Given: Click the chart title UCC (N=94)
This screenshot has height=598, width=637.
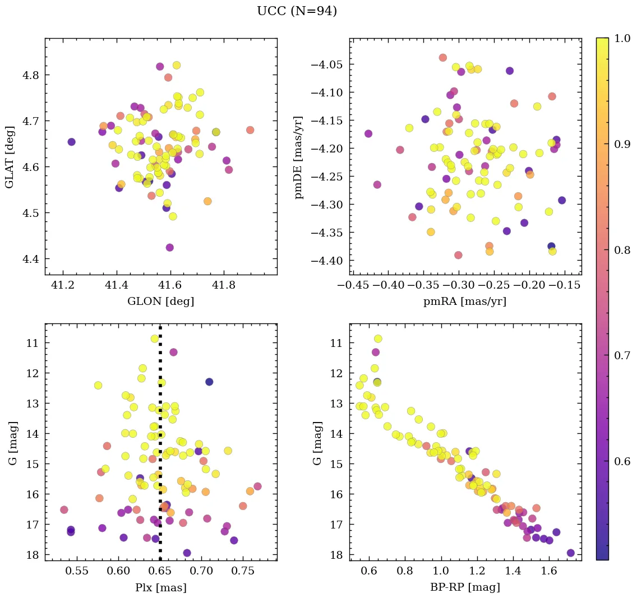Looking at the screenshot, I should point(297,11).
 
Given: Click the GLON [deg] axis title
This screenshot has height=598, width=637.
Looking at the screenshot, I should point(161,302).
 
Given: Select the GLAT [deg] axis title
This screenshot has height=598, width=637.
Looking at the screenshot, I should point(10,157).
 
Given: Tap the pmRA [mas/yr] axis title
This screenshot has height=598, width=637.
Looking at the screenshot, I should point(465,302).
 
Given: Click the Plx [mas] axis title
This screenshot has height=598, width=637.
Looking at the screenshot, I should point(161,587).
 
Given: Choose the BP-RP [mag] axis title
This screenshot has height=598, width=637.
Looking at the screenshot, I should point(465,587).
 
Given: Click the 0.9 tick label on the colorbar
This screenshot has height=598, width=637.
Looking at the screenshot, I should point(621,144).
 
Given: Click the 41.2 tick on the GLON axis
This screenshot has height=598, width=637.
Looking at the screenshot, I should point(63,285).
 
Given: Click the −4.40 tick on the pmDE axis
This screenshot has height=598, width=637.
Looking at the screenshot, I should point(331,261).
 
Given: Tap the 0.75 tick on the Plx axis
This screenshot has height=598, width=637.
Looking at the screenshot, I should point(243,571).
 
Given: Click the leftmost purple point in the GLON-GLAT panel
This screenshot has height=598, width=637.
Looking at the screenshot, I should point(71,142).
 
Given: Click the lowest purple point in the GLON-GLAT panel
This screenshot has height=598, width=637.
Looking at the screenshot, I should point(170,247).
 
